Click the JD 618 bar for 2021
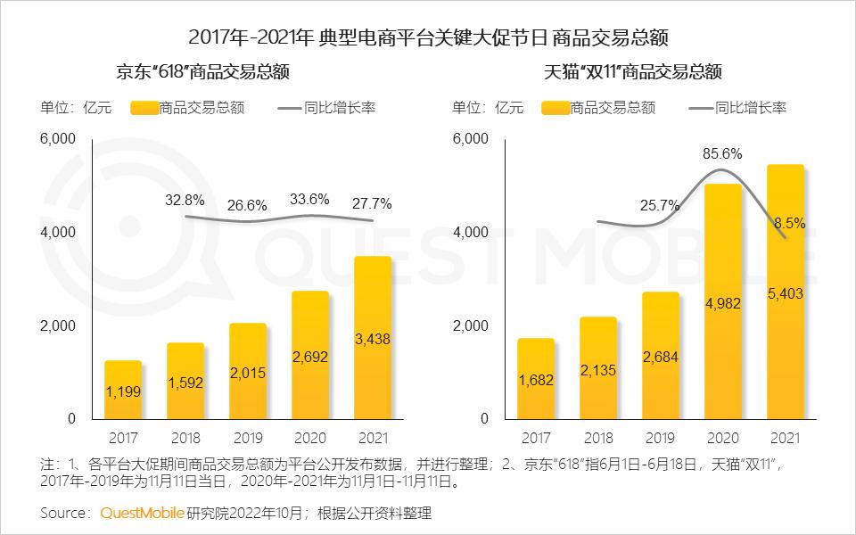(x=373, y=339)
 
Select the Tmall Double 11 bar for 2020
(x=723, y=303)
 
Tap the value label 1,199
(x=123, y=391)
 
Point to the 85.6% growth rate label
(x=722, y=153)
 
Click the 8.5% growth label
(x=790, y=224)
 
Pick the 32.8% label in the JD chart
(x=185, y=200)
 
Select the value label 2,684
(x=661, y=357)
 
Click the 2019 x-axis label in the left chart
(x=248, y=438)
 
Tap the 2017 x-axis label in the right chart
(x=536, y=438)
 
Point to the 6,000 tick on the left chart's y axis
(x=59, y=139)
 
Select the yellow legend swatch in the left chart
(x=144, y=108)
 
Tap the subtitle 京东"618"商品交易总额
(x=203, y=72)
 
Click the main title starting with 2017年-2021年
(x=429, y=37)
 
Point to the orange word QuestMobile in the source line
(x=142, y=513)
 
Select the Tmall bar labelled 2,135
(x=598, y=367)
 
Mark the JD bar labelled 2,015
(x=248, y=371)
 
